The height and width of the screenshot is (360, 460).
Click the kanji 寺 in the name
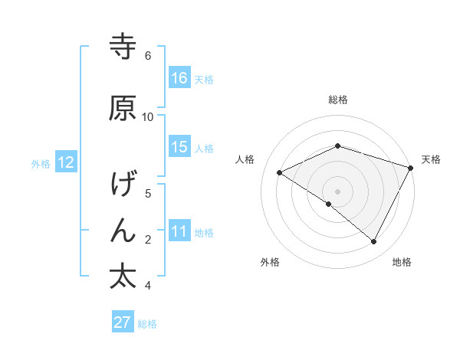(123, 46)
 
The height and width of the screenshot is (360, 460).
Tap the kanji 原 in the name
(123, 108)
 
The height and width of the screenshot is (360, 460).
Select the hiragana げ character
(123, 185)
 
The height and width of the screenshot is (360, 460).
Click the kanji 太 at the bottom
(123, 276)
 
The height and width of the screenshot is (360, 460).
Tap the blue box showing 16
(179, 77)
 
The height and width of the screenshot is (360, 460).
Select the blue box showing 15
(179, 147)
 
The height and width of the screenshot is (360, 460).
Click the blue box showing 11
(179, 231)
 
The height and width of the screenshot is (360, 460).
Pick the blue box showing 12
(65, 162)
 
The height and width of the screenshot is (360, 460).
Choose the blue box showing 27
(123, 322)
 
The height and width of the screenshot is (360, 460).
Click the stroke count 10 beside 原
(148, 116)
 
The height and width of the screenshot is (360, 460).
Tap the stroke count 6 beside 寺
(148, 56)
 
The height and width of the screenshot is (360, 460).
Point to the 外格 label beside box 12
(41, 163)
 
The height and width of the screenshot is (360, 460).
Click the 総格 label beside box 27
(148, 324)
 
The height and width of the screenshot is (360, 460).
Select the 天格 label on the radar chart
(431, 159)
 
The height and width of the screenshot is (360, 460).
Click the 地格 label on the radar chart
(402, 262)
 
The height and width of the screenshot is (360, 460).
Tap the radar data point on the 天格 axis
(412, 167)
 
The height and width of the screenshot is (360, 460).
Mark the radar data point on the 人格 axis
(280, 173)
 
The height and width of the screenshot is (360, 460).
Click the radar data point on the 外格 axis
(329, 204)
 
